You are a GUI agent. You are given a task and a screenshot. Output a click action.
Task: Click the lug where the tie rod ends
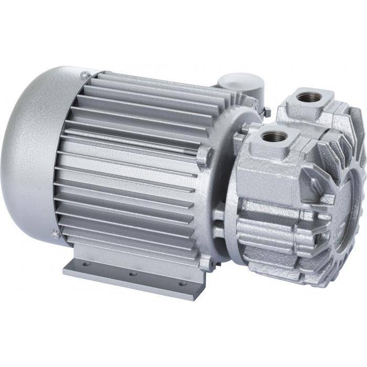[x=203, y=156]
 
